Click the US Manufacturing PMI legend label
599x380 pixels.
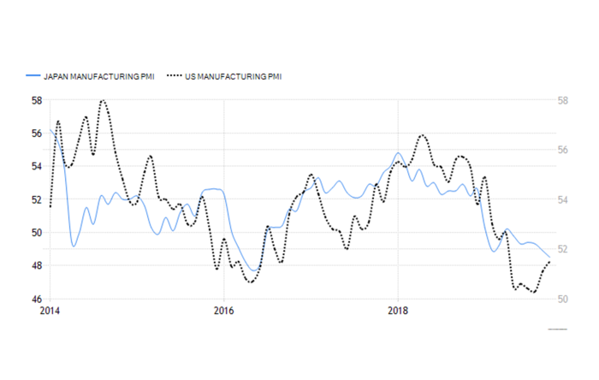pyautogui.click(x=234, y=77)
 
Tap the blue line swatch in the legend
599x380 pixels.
pyautogui.click(x=34, y=77)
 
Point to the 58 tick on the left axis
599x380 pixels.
pyautogui.click(x=37, y=100)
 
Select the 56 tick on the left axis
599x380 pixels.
pyautogui.click(x=37, y=134)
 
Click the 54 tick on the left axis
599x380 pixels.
pyautogui.click(x=37, y=166)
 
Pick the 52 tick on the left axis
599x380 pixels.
pyautogui.click(x=37, y=199)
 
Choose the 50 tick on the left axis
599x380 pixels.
pyautogui.click(x=37, y=233)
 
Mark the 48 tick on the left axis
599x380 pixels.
pyautogui.click(x=37, y=265)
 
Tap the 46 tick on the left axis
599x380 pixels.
pyautogui.click(x=37, y=299)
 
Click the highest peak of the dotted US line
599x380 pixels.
pyautogui.click(x=103, y=101)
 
